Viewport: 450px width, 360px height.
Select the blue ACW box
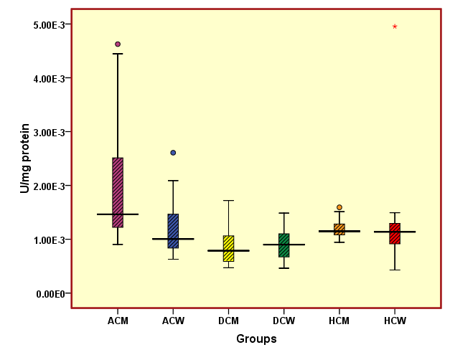click(173, 231)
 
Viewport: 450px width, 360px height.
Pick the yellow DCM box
click(228, 248)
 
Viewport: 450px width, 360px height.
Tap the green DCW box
click(283, 245)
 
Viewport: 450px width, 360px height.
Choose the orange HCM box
click(339, 229)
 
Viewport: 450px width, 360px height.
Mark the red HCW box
click(395, 234)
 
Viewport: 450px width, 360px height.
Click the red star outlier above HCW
click(395, 27)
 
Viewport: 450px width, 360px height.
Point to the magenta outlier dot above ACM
click(118, 44)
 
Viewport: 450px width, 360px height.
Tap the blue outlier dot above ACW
click(173, 153)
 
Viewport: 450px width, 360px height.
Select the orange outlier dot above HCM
click(339, 207)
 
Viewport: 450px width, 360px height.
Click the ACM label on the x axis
click(118, 321)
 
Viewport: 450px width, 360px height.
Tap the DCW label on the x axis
click(283, 321)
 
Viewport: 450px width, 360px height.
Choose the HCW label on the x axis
click(395, 321)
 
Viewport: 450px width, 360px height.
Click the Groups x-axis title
click(256, 338)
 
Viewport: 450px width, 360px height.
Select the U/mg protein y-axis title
click(24, 158)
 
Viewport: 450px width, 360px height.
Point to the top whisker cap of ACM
click(118, 54)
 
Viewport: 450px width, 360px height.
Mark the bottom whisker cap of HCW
click(395, 270)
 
